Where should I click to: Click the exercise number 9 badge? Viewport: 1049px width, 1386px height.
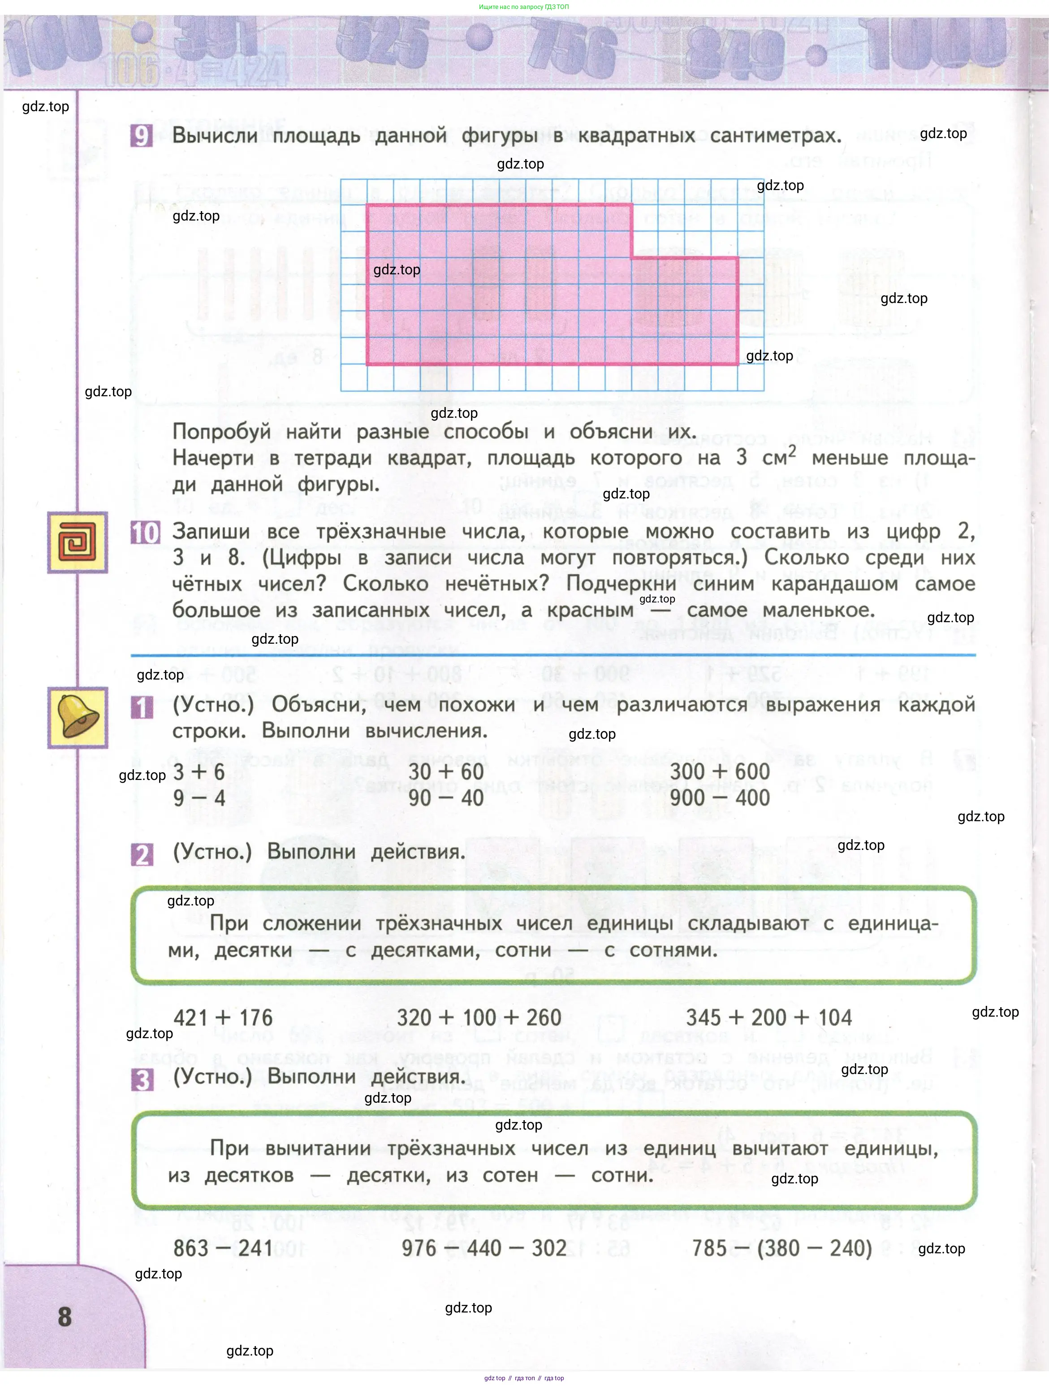point(142,136)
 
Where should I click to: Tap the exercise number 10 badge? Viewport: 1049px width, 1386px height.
point(145,533)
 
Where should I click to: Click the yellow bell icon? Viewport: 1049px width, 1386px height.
point(78,718)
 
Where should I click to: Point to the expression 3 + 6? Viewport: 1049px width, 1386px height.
point(199,772)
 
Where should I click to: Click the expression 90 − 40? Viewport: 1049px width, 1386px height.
point(446,798)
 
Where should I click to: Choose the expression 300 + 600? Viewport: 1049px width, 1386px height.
point(720,772)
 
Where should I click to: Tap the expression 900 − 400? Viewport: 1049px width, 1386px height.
point(720,798)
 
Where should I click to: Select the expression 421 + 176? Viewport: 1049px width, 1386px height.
point(223,1018)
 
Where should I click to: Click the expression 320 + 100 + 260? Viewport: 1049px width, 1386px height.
point(479,1018)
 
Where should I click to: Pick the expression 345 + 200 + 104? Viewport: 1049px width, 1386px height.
point(768,1018)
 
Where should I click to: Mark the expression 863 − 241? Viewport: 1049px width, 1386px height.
point(223,1248)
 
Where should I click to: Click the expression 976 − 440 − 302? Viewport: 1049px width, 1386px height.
point(484,1248)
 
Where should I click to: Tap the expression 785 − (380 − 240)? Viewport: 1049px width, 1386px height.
point(781,1248)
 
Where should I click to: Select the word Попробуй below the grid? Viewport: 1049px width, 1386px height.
point(222,432)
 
